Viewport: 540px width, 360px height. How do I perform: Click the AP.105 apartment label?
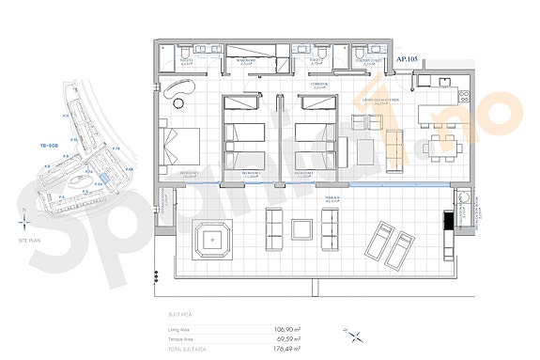[408, 58]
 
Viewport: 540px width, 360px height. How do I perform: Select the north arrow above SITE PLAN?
[23, 223]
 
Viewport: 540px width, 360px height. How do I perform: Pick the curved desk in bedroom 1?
[178, 89]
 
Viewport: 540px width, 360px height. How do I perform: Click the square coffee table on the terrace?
[302, 228]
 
